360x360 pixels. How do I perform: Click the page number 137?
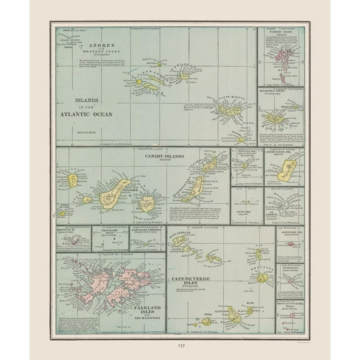(x=179, y=344)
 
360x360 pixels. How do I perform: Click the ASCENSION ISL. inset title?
(x=290, y=232)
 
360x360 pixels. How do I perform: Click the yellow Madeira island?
(x=274, y=117)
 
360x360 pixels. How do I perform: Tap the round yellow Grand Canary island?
(x=147, y=203)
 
